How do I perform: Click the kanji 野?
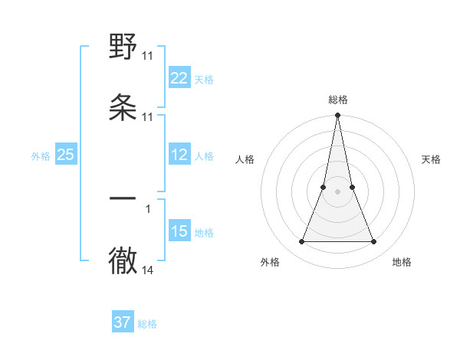(x=123, y=47)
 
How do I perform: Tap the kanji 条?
(x=123, y=108)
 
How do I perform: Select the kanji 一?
(x=123, y=198)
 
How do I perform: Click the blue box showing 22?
(x=179, y=78)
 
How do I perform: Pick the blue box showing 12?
(x=179, y=155)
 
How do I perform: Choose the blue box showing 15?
(x=179, y=231)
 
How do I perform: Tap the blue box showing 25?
(x=66, y=155)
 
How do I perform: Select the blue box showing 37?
(x=123, y=322)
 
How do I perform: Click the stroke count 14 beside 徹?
(x=147, y=270)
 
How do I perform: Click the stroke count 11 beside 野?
(x=147, y=56)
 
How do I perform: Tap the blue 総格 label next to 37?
(x=147, y=324)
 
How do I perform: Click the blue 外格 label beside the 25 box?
(x=41, y=156)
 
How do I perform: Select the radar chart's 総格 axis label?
(x=338, y=100)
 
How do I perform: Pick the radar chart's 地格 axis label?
(x=402, y=262)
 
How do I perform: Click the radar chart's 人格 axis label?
(x=245, y=159)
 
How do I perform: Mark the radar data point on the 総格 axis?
(x=337, y=116)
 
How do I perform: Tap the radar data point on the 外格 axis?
(x=301, y=242)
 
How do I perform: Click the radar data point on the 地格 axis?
(x=374, y=242)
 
